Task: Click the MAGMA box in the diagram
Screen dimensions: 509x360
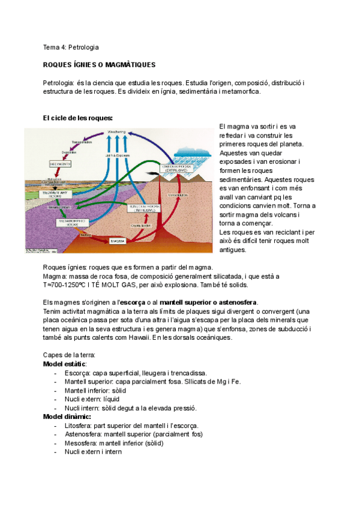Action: pyautogui.click(x=117, y=241)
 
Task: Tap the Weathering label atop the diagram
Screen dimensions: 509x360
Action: pyautogui.click(x=116, y=131)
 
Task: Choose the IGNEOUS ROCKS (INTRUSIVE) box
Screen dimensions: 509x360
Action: pyautogui.click(x=142, y=208)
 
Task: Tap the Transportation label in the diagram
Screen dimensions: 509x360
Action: pyautogui.click(x=82, y=142)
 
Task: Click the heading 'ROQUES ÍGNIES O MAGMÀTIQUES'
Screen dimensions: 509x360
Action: pyautogui.click(x=100, y=64)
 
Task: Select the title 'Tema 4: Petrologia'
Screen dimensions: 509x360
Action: pyautogui.click(x=71, y=47)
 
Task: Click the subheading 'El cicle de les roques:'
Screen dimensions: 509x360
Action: pyautogui.click(x=78, y=118)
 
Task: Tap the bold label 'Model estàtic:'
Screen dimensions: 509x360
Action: pyautogui.click(x=65, y=364)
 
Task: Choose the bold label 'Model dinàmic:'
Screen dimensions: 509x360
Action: pyautogui.click(x=67, y=417)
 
